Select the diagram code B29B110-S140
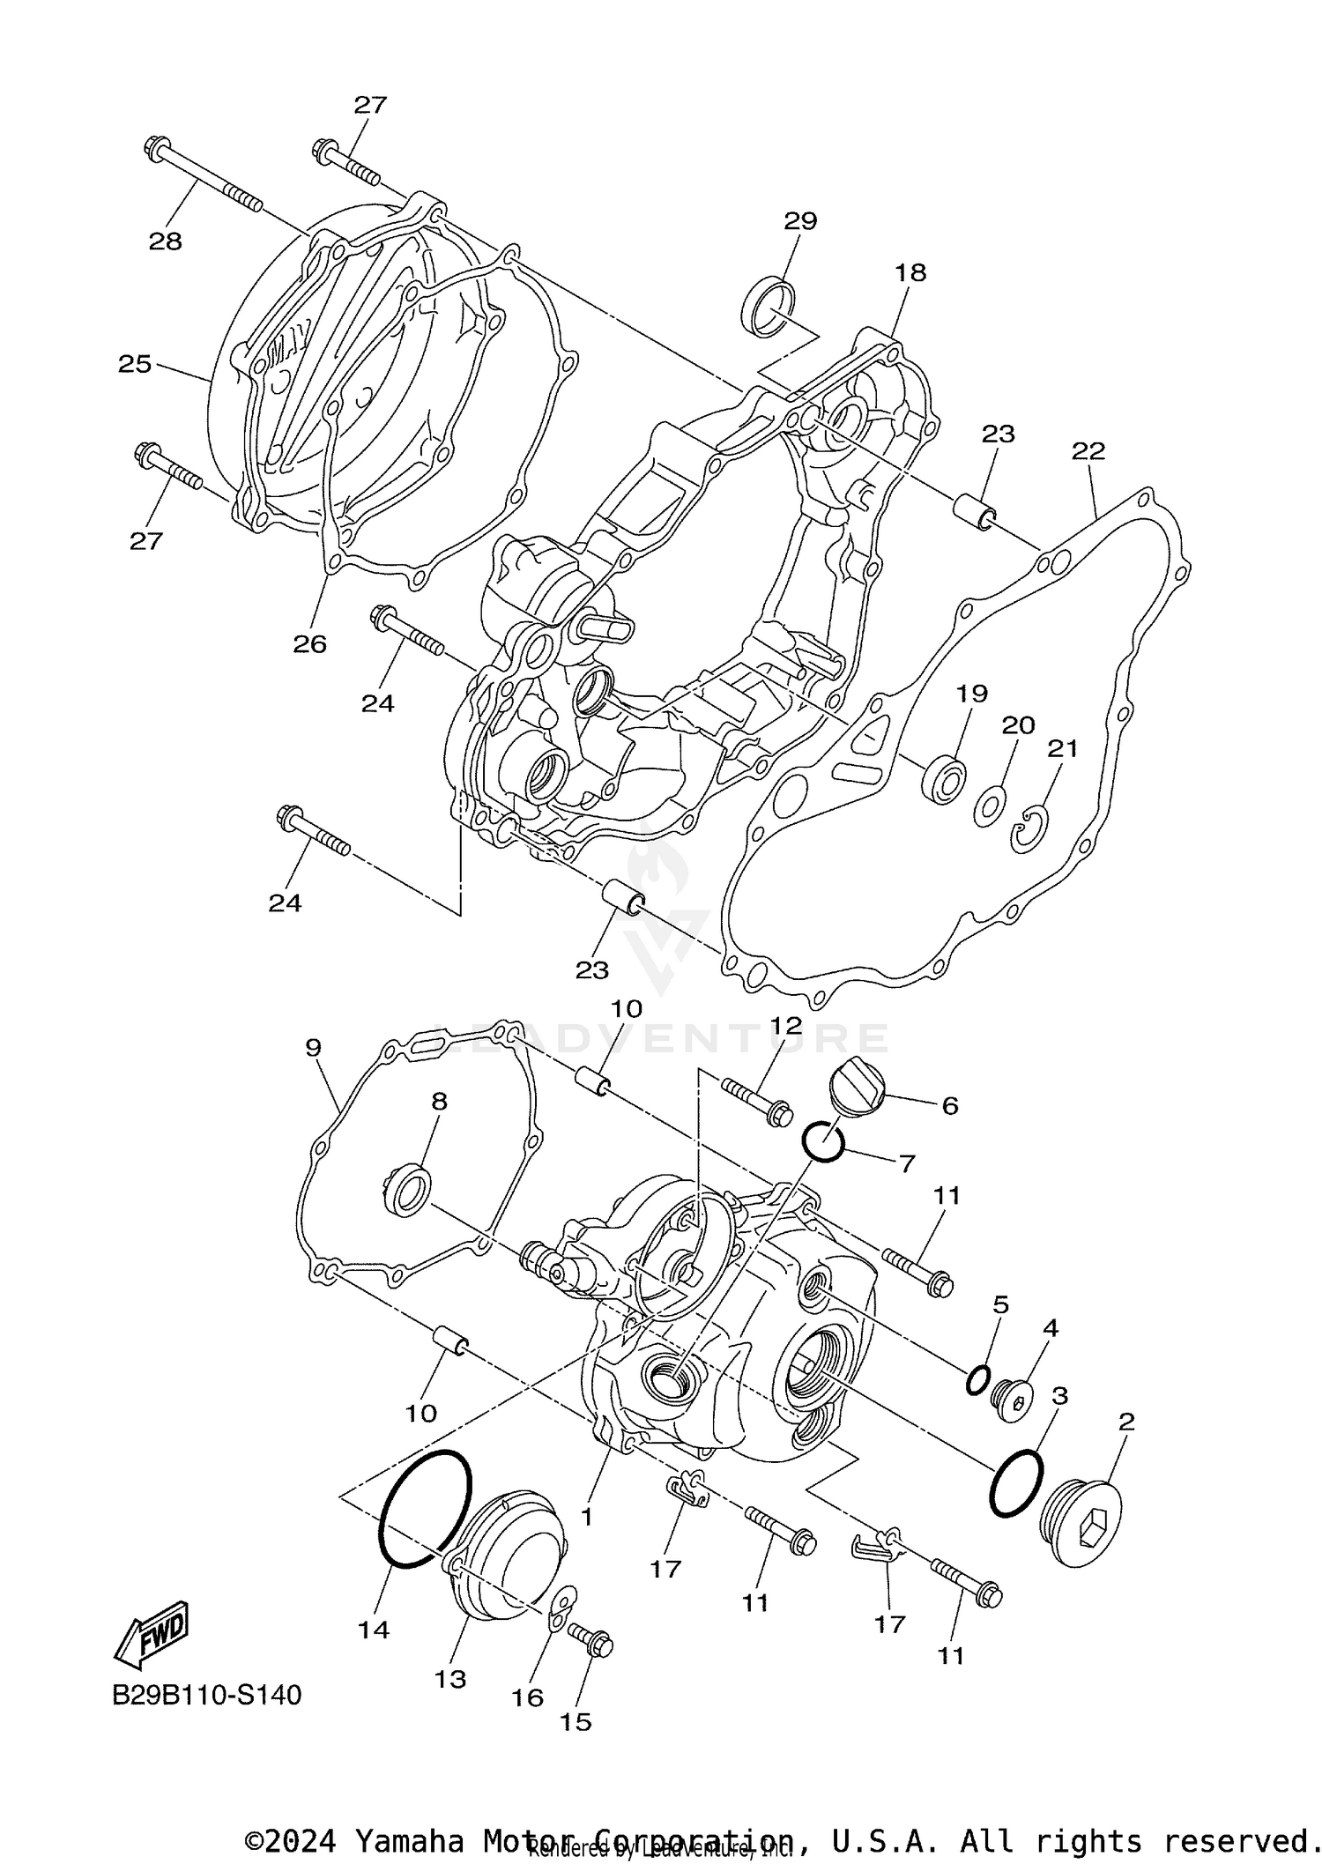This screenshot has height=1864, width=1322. tap(206, 1695)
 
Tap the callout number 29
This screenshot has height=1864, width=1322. tap(800, 220)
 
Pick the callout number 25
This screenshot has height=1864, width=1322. tap(135, 364)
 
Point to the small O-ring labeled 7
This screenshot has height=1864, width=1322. tap(823, 1142)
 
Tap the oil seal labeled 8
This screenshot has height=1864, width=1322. tap(410, 1190)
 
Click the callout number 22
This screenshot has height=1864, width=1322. tap(1088, 451)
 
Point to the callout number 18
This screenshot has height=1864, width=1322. tap(910, 273)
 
